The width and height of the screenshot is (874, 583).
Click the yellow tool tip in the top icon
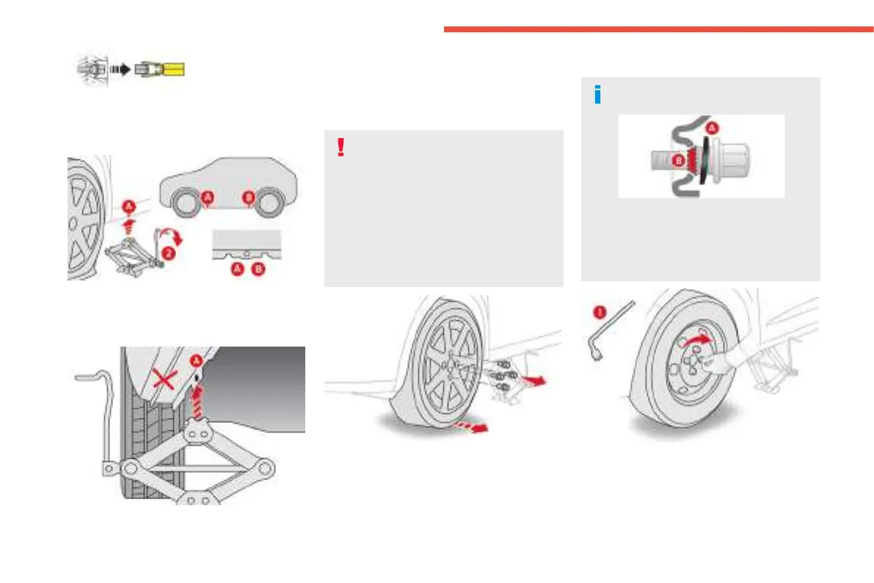[175, 70]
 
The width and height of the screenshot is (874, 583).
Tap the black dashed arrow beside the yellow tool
[120, 70]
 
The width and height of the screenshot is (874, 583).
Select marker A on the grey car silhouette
[208, 197]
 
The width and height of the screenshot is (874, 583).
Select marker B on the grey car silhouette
[248, 197]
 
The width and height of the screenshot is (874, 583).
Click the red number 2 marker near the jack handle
[170, 255]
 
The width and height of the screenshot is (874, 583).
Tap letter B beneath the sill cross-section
[257, 270]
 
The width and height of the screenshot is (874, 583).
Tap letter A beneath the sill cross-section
[238, 270]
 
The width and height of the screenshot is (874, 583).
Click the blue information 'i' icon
[597, 95]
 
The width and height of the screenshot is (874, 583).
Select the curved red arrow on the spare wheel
[697, 340]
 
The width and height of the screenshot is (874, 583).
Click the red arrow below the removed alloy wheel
[470, 426]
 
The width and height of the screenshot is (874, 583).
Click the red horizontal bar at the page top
[658, 29]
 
